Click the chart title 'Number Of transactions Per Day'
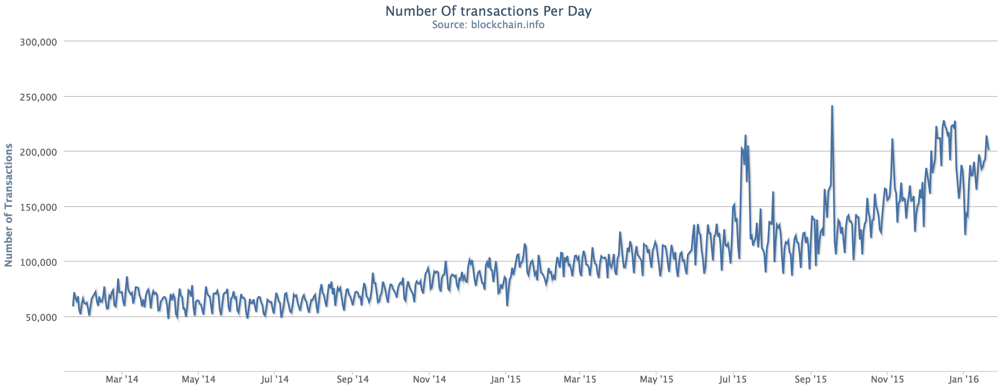click(x=488, y=11)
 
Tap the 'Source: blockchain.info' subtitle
click(x=488, y=25)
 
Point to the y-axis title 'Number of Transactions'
click(x=9, y=205)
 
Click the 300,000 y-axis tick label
click(x=38, y=42)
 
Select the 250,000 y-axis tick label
click(x=38, y=97)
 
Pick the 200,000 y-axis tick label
click(x=38, y=152)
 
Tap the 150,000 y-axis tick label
click(x=38, y=207)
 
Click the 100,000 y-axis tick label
click(x=38, y=262)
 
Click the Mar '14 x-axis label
click(x=122, y=379)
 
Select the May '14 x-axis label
click(x=198, y=379)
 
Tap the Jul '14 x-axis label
click(x=274, y=379)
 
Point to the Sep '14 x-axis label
click(x=352, y=379)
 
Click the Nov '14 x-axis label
click(x=429, y=379)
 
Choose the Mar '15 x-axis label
click(x=580, y=379)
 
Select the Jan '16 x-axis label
click(x=963, y=379)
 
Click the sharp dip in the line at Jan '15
click(x=507, y=306)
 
